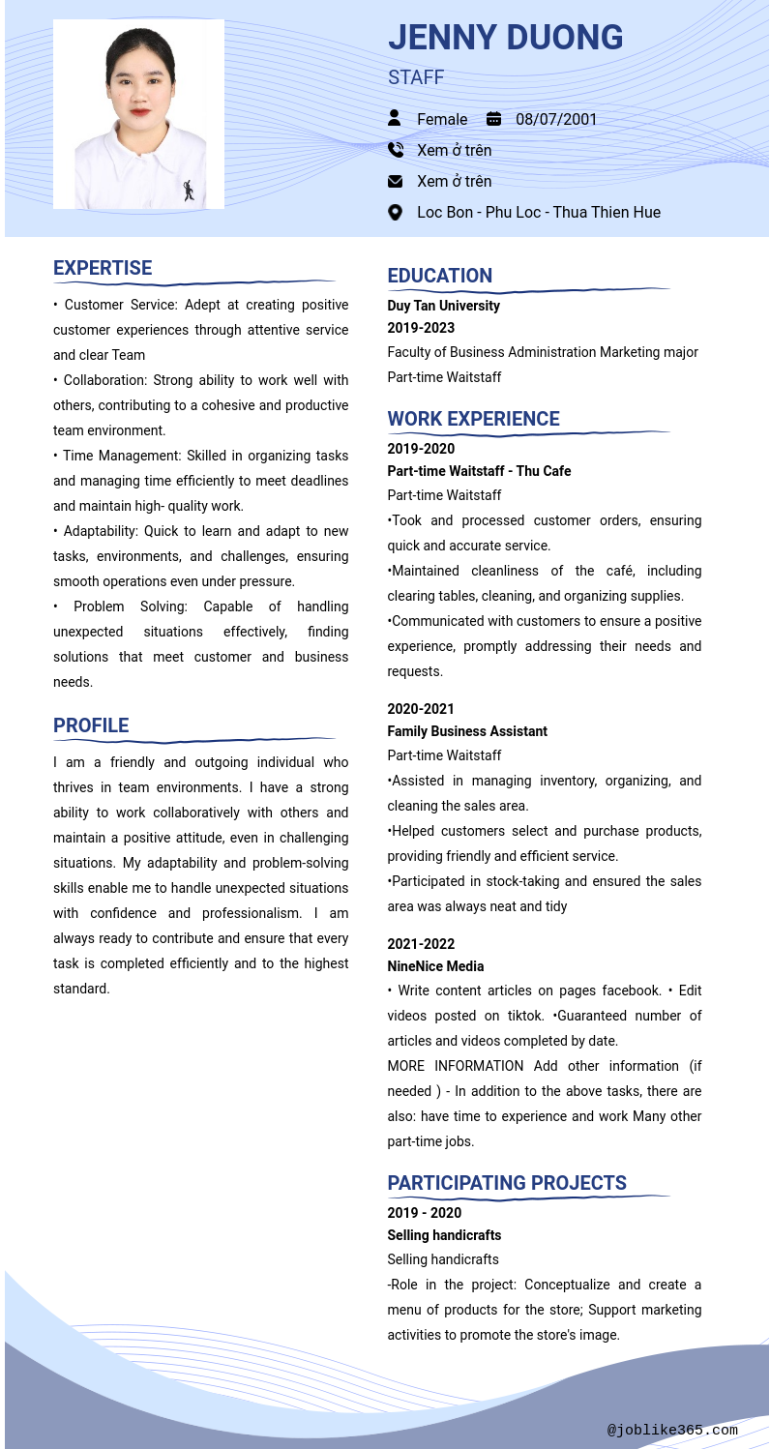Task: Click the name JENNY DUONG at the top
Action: pyautogui.click(x=505, y=38)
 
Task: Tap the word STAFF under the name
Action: pyautogui.click(x=416, y=77)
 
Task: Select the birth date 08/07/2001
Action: pyautogui.click(x=556, y=119)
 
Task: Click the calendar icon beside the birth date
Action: pyautogui.click(x=493, y=119)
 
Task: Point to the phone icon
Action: pyautogui.click(x=395, y=150)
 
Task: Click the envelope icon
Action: pyautogui.click(x=395, y=181)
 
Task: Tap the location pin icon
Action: pyautogui.click(x=395, y=212)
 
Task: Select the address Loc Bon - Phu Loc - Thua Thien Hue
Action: pyautogui.click(x=539, y=212)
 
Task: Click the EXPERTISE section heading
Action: pyautogui.click(x=103, y=268)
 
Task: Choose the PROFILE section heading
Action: pyautogui.click(x=91, y=725)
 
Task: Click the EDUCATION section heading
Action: pyautogui.click(x=440, y=276)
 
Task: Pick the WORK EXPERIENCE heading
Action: pyautogui.click(x=473, y=419)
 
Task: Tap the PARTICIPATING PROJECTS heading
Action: pyautogui.click(x=507, y=1183)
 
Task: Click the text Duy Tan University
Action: pyautogui.click(x=444, y=306)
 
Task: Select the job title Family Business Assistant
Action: pyautogui.click(x=467, y=731)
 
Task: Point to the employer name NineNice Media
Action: pyautogui.click(x=435, y=966)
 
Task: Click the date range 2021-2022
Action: pyautogui.click(x=421, y=944)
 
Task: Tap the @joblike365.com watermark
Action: pyautogui.click(x=672, y=1430)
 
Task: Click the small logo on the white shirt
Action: pyautogui.click(x=190, y=190)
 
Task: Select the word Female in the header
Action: pyautogui.click(x=442, y=119)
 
